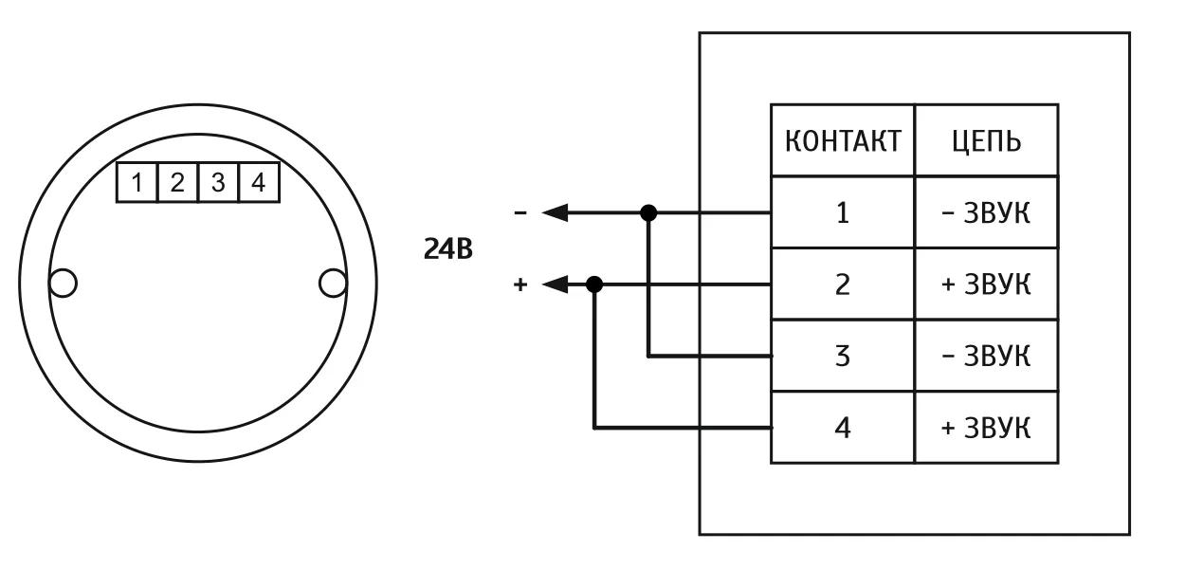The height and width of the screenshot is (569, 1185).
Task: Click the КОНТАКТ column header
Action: point(843,141)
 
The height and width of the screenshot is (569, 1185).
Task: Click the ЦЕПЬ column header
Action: point(986,141)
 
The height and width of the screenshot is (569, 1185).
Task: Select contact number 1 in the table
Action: point(843,212)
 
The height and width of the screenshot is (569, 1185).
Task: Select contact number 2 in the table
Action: point(843,284)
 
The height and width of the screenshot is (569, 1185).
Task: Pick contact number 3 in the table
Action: point(843,357)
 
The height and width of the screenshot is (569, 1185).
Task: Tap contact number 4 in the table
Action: point(843,428)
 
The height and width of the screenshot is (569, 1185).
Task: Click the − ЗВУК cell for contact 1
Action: point(986,212)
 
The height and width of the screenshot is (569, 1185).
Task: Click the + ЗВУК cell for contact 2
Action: point(986,284)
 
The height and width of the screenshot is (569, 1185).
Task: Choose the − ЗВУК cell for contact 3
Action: point(986,357)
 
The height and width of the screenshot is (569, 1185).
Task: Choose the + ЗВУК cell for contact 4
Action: point(986,428)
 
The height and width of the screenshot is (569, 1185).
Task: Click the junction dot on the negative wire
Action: point(648,212)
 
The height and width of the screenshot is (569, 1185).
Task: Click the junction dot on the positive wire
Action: point(594,284)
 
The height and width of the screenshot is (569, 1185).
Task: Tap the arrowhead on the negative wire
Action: point(556,212)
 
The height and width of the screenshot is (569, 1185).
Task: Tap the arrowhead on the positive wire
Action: point(556,284)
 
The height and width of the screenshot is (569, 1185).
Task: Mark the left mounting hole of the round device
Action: point(63,283)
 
